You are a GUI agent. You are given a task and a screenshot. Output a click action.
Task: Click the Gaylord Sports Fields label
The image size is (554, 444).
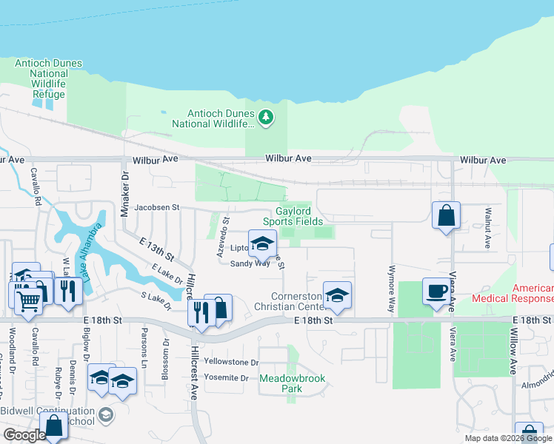[x=294, y=216]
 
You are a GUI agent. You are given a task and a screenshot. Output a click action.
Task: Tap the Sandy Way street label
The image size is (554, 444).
[x=250, y=263]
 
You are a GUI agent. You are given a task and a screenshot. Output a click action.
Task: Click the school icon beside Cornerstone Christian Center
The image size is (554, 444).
[x=337, y=295]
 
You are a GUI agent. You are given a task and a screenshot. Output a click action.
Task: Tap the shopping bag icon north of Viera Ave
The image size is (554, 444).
[x=446, y=216]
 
